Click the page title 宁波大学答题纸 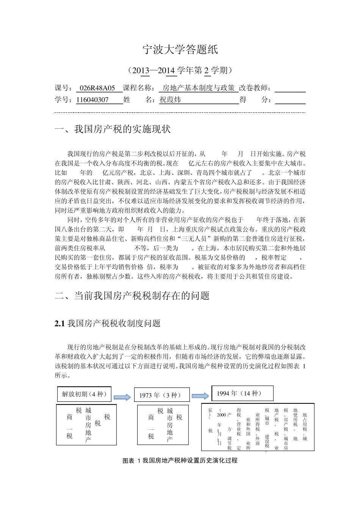click(180, 50)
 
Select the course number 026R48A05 click(100, 88)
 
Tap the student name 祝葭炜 click(170, 100)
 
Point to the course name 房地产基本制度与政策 click(198, 88)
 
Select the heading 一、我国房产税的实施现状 click(113, 129)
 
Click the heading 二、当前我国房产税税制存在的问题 click(132, 296)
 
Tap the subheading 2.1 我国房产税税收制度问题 click(108, 323)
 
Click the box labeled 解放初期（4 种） click(85, 394)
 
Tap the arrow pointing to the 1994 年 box click(200, 395)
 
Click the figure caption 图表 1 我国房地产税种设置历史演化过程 click(180, 461)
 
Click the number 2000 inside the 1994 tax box click(221, 415)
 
